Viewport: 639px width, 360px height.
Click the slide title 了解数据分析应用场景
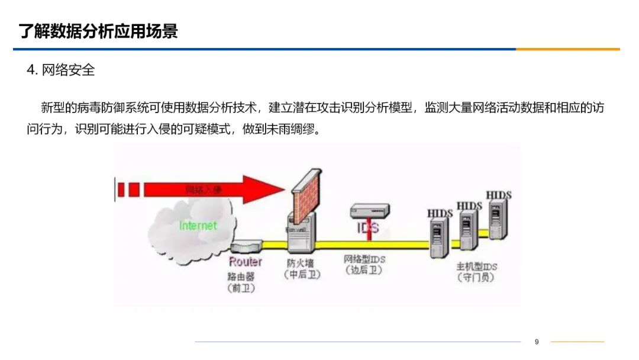98,31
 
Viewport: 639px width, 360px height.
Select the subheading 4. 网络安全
61,70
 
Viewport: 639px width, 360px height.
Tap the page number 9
537,342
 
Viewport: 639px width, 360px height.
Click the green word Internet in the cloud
198,226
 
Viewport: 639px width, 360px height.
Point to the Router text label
245,262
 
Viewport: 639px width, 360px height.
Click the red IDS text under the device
368,228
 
